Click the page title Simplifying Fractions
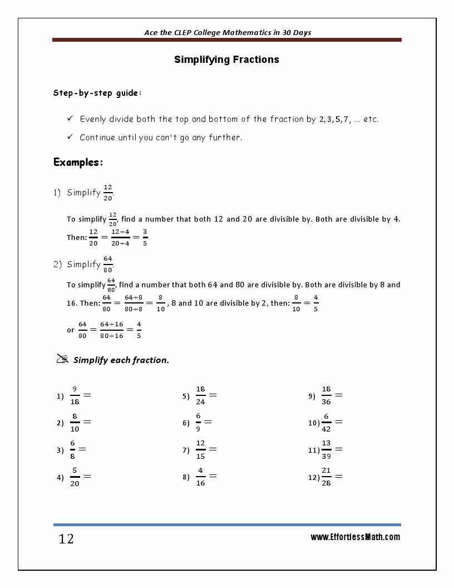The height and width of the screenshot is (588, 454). coord(226,60)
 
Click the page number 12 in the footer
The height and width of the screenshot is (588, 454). coord(66,539)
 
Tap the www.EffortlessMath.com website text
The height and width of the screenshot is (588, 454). coord(355,537)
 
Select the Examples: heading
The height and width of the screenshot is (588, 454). coord(78,163)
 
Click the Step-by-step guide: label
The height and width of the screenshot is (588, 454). coord(97,93)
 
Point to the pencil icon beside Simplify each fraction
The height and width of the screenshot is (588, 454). coord(62,359)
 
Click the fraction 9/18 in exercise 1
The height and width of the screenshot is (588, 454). coord(75,396)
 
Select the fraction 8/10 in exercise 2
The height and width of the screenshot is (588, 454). coord(75,423)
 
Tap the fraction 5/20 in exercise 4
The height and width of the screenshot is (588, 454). coord(75,477)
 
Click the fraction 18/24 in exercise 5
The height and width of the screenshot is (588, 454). coord(201,396)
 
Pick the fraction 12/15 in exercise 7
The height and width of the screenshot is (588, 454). coord(201,450)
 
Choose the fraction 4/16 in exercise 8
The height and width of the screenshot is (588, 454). coord(201,477)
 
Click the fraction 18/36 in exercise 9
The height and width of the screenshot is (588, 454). coord(327,396)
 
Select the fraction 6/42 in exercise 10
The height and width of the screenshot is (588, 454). coord(327,423)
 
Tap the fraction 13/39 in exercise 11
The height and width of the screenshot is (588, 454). coord(327,450)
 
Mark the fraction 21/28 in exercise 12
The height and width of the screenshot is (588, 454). coord(327,477)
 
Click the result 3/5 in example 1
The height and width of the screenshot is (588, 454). coord(145,237)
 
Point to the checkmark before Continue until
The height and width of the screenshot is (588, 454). coord(70,136)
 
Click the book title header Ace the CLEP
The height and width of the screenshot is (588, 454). coord(228,32)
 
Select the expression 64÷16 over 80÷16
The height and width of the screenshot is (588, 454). coord(112,330)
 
